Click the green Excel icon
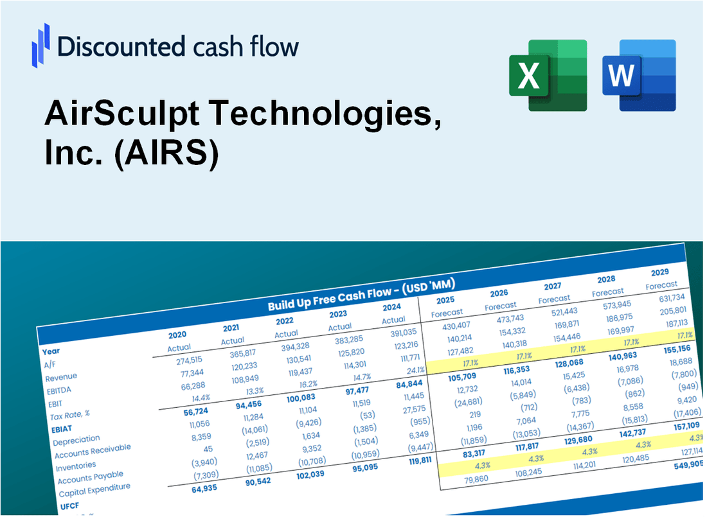548,75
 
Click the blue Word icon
639,75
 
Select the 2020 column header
177,335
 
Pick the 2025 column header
445,300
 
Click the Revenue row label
61,377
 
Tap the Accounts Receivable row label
92,451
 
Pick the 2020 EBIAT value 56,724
181,411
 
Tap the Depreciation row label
76,441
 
